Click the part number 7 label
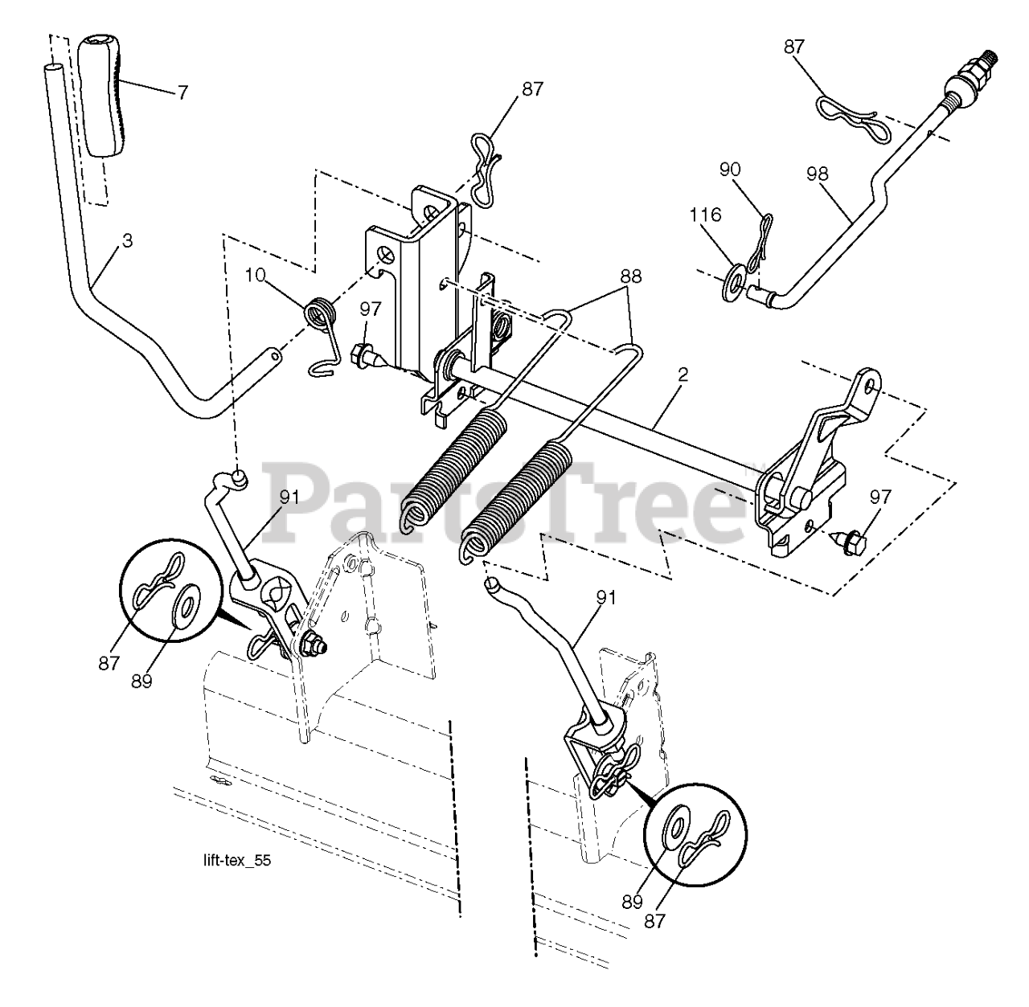[182, 93]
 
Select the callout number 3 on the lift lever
[127, 241]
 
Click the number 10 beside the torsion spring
[256, 276]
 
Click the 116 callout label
[705, 215]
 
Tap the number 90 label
[730, 170]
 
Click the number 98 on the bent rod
[817, 174]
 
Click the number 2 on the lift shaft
[683, 375]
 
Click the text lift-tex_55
[237, 860]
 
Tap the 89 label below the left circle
[141, 681]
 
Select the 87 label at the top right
[794, 47]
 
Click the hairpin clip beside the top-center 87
[486, 170]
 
